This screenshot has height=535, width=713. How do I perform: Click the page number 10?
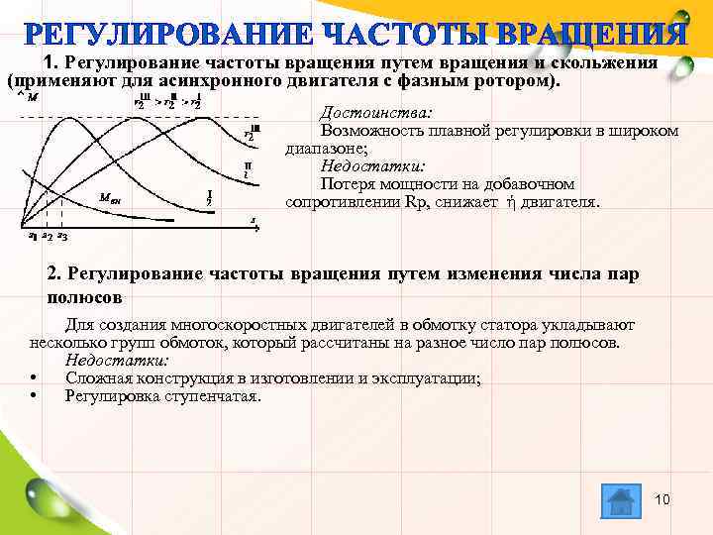click(x=662, y=499)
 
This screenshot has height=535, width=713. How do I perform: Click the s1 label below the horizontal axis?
click(x=34, y=237)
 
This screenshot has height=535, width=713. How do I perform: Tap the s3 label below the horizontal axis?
click(x=62, y=237)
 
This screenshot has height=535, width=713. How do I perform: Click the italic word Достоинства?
click(x=374, y=113)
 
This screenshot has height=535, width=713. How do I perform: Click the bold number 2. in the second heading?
click(x=55, y=273)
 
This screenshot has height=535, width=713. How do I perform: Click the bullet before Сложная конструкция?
click(x=35, y=378)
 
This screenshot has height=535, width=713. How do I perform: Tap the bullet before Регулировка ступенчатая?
click(x=35, y=396)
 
